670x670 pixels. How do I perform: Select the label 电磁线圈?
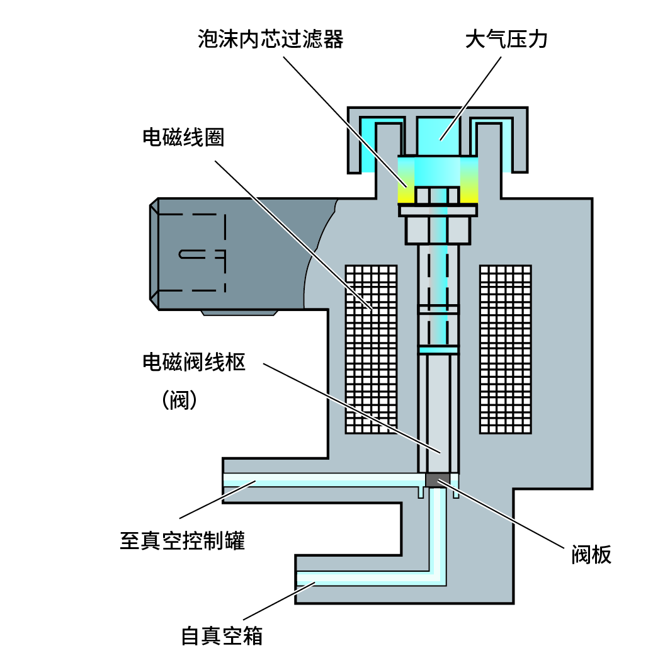pyautogui.click(x=183, y=138)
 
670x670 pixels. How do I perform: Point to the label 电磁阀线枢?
pyautogui.click(x=193, y=363)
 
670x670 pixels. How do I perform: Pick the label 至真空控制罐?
pyautogui.click(x=182, y=540)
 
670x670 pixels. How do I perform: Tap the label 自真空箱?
pyautogui.click(x=222, y=635)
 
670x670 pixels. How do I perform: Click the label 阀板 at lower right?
pyautogui.click(x=591, y=554)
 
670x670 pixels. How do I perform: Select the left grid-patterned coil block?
pyautogui.click(x=371, y=349)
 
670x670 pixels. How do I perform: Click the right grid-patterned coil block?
pyautogui.click(x=505, y=349)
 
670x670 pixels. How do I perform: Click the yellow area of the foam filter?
pyautogui.click(x=407, y=193)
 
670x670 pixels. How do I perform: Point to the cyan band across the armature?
pyautogui.click(x=438, y=349)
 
